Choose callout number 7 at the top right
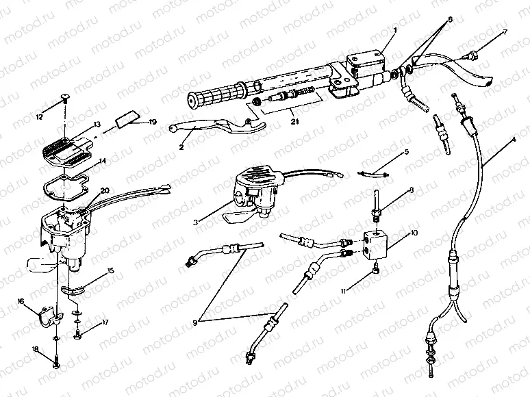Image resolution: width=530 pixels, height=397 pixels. tap(505, 32)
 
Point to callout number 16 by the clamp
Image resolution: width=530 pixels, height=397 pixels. tap(21, 300)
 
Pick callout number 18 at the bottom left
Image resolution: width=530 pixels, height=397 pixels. tap(35, 350)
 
